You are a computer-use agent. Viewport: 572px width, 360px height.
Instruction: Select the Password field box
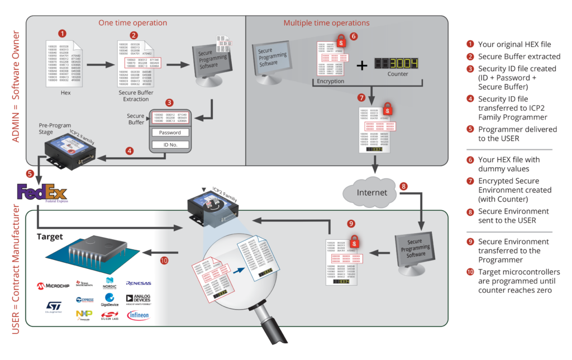tap(170, 132)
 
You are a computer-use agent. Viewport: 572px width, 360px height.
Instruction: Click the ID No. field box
tap(170, 145)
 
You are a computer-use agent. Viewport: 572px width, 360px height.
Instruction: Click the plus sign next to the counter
tap(362, 65)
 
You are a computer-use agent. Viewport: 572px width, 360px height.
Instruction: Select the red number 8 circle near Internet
tap(404, 186)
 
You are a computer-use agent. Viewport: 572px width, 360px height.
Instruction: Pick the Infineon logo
tap(138, 315)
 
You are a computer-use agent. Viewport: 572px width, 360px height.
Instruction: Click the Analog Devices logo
tap(138, 300)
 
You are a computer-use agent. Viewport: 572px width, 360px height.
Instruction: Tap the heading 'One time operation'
tap(132, 23)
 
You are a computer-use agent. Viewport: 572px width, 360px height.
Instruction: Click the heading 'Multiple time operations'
tap(326, 23)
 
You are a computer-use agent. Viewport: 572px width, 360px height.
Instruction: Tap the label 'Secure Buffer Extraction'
tap(136, 96)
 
